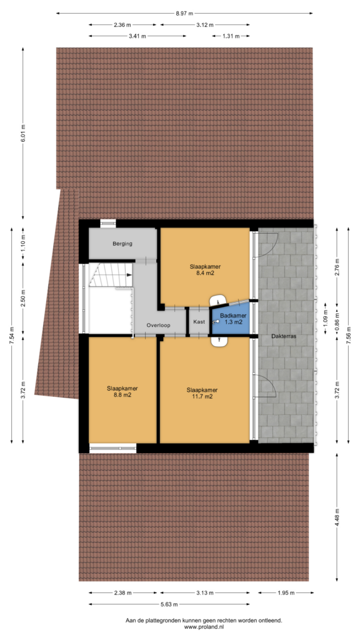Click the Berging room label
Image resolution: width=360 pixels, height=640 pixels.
[122, 244]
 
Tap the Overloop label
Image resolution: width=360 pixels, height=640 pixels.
[158, 325]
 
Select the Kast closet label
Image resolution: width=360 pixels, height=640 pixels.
[199, 322]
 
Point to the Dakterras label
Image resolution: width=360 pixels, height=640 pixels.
[284, 337]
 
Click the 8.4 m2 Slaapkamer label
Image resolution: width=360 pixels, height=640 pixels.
[202, 270]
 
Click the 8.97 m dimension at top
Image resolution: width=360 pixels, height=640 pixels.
[184, 14]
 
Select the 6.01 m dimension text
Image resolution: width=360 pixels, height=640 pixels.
[23, 133]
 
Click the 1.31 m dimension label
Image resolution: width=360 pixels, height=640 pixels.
[231, 36]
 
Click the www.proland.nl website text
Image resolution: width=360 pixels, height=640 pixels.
[204, 627]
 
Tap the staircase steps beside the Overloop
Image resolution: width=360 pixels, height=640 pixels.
[111, 276]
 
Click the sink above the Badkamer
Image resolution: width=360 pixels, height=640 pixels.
[219, 300]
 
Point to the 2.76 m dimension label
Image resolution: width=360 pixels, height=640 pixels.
[337, 267]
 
